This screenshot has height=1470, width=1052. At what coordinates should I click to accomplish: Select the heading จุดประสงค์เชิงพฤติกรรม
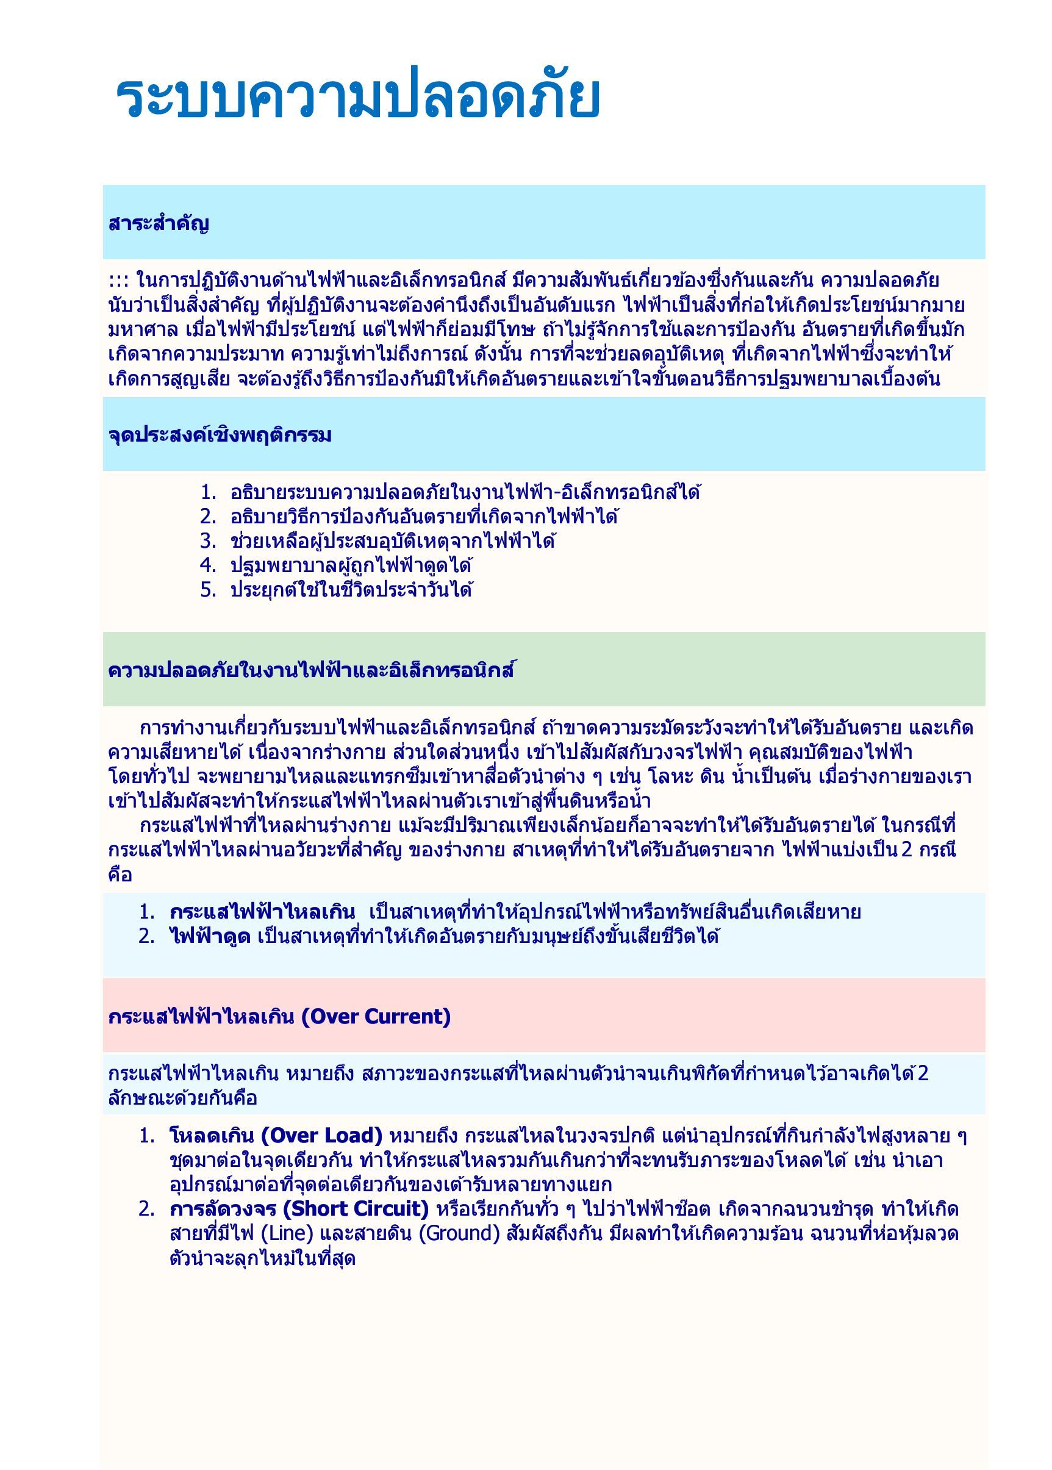220,435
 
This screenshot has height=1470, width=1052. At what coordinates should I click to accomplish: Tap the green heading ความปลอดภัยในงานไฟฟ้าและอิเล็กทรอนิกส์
311,670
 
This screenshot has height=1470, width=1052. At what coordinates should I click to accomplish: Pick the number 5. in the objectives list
208,590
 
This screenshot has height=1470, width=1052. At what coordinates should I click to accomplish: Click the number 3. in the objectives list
208,541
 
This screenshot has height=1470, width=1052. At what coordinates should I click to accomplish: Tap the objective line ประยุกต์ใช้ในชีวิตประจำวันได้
351,590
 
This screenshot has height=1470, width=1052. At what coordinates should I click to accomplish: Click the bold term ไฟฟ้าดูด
210,936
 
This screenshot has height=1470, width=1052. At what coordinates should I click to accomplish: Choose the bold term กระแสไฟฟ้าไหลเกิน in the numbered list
262,912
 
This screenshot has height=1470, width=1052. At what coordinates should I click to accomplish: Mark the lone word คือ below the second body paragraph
120,875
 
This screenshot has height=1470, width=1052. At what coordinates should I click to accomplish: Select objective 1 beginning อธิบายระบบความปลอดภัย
465,492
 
